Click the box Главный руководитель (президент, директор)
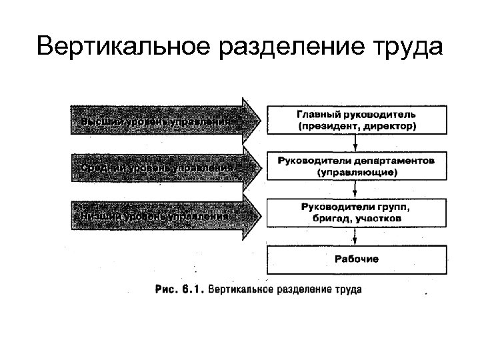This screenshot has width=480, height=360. click(x=357, y=120)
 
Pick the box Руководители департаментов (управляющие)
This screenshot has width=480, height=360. click(x=357, y=166)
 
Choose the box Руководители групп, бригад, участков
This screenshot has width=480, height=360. click(x=357, y=212)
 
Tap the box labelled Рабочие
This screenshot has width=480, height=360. click(x=357, y=259)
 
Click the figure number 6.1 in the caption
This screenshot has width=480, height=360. click(x=193, y=290)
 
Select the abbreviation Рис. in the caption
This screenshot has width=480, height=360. click(x=166, y=290)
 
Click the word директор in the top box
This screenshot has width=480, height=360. click(x=389, y=125)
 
